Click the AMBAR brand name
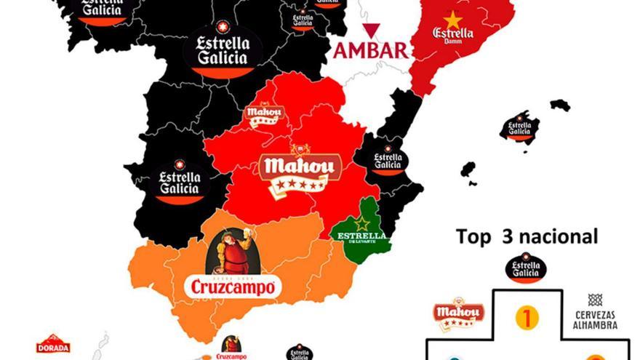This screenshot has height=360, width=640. click(371, 51)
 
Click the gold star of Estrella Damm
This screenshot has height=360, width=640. click(453, 20)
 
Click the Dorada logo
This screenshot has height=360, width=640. click(53, 344)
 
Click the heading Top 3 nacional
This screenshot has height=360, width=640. click(527, 236)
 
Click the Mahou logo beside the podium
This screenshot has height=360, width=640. click(458, 313)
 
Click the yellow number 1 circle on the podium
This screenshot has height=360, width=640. click(527, 317)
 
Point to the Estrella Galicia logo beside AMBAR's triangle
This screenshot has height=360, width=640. click(303, 20)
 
